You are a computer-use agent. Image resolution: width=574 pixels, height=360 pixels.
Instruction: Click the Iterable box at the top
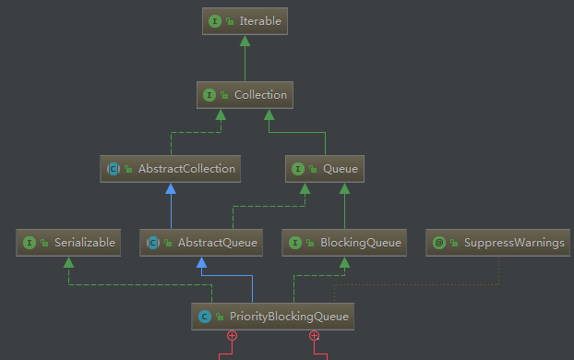pos(245,20)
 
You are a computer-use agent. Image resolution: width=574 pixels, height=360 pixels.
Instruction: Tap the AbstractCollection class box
pos(171,168)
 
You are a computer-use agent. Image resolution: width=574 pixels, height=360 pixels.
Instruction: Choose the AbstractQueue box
pos(200,243)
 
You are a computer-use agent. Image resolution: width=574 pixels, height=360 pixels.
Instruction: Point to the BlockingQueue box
pos(344,243)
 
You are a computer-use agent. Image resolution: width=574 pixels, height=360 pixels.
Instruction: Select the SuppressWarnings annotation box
pos(498,243)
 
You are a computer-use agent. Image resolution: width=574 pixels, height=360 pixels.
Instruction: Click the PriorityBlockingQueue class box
pos(273,317)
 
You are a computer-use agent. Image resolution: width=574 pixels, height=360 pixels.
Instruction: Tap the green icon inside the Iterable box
pos(215,20)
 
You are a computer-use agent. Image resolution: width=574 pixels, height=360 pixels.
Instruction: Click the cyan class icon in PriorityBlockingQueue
pos(205,317)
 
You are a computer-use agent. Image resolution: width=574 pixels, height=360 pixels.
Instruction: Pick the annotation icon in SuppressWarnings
pos(439,243)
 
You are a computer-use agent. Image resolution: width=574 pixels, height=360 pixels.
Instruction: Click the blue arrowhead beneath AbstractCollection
pos(171,188)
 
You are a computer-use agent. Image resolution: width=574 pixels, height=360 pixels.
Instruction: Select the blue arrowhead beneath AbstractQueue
pos(200,263)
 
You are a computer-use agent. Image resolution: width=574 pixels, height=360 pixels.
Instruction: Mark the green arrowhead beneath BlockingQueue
pos(344,263)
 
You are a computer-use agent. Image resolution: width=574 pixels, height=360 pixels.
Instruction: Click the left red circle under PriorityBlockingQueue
pos(232,336)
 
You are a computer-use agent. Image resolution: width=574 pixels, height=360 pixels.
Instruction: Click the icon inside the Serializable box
pos(30,243)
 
